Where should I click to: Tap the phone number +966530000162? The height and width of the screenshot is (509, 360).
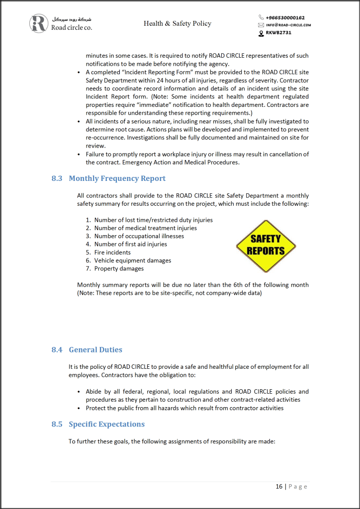[x=285, y=17]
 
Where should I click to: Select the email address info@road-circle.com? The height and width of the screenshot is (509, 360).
[x=288, y=25]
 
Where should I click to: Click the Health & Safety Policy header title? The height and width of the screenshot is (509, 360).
[x=178, y=23]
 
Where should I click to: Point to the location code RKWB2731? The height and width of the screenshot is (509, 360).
[x=278, y=33]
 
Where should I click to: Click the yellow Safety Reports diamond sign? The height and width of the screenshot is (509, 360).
[x=266, y=246]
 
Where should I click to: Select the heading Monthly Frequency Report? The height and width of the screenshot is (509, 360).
[x=117, y=178]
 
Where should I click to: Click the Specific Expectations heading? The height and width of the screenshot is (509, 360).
[x=106, y=424]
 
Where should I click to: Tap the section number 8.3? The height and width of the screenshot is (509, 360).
[x=57, y=178]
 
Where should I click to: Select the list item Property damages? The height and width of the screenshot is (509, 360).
[x=119, y=268]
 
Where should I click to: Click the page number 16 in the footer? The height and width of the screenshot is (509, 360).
[x=279, y=486]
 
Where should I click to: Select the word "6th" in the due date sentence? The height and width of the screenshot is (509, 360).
[x=228, y=285]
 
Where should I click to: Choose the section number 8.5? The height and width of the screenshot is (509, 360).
[x=57, y=424]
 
